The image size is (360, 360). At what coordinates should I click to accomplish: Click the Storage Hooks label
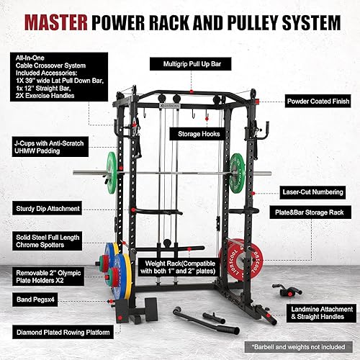[194, 133]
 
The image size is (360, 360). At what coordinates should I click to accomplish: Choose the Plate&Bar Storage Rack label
[310, 214]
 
